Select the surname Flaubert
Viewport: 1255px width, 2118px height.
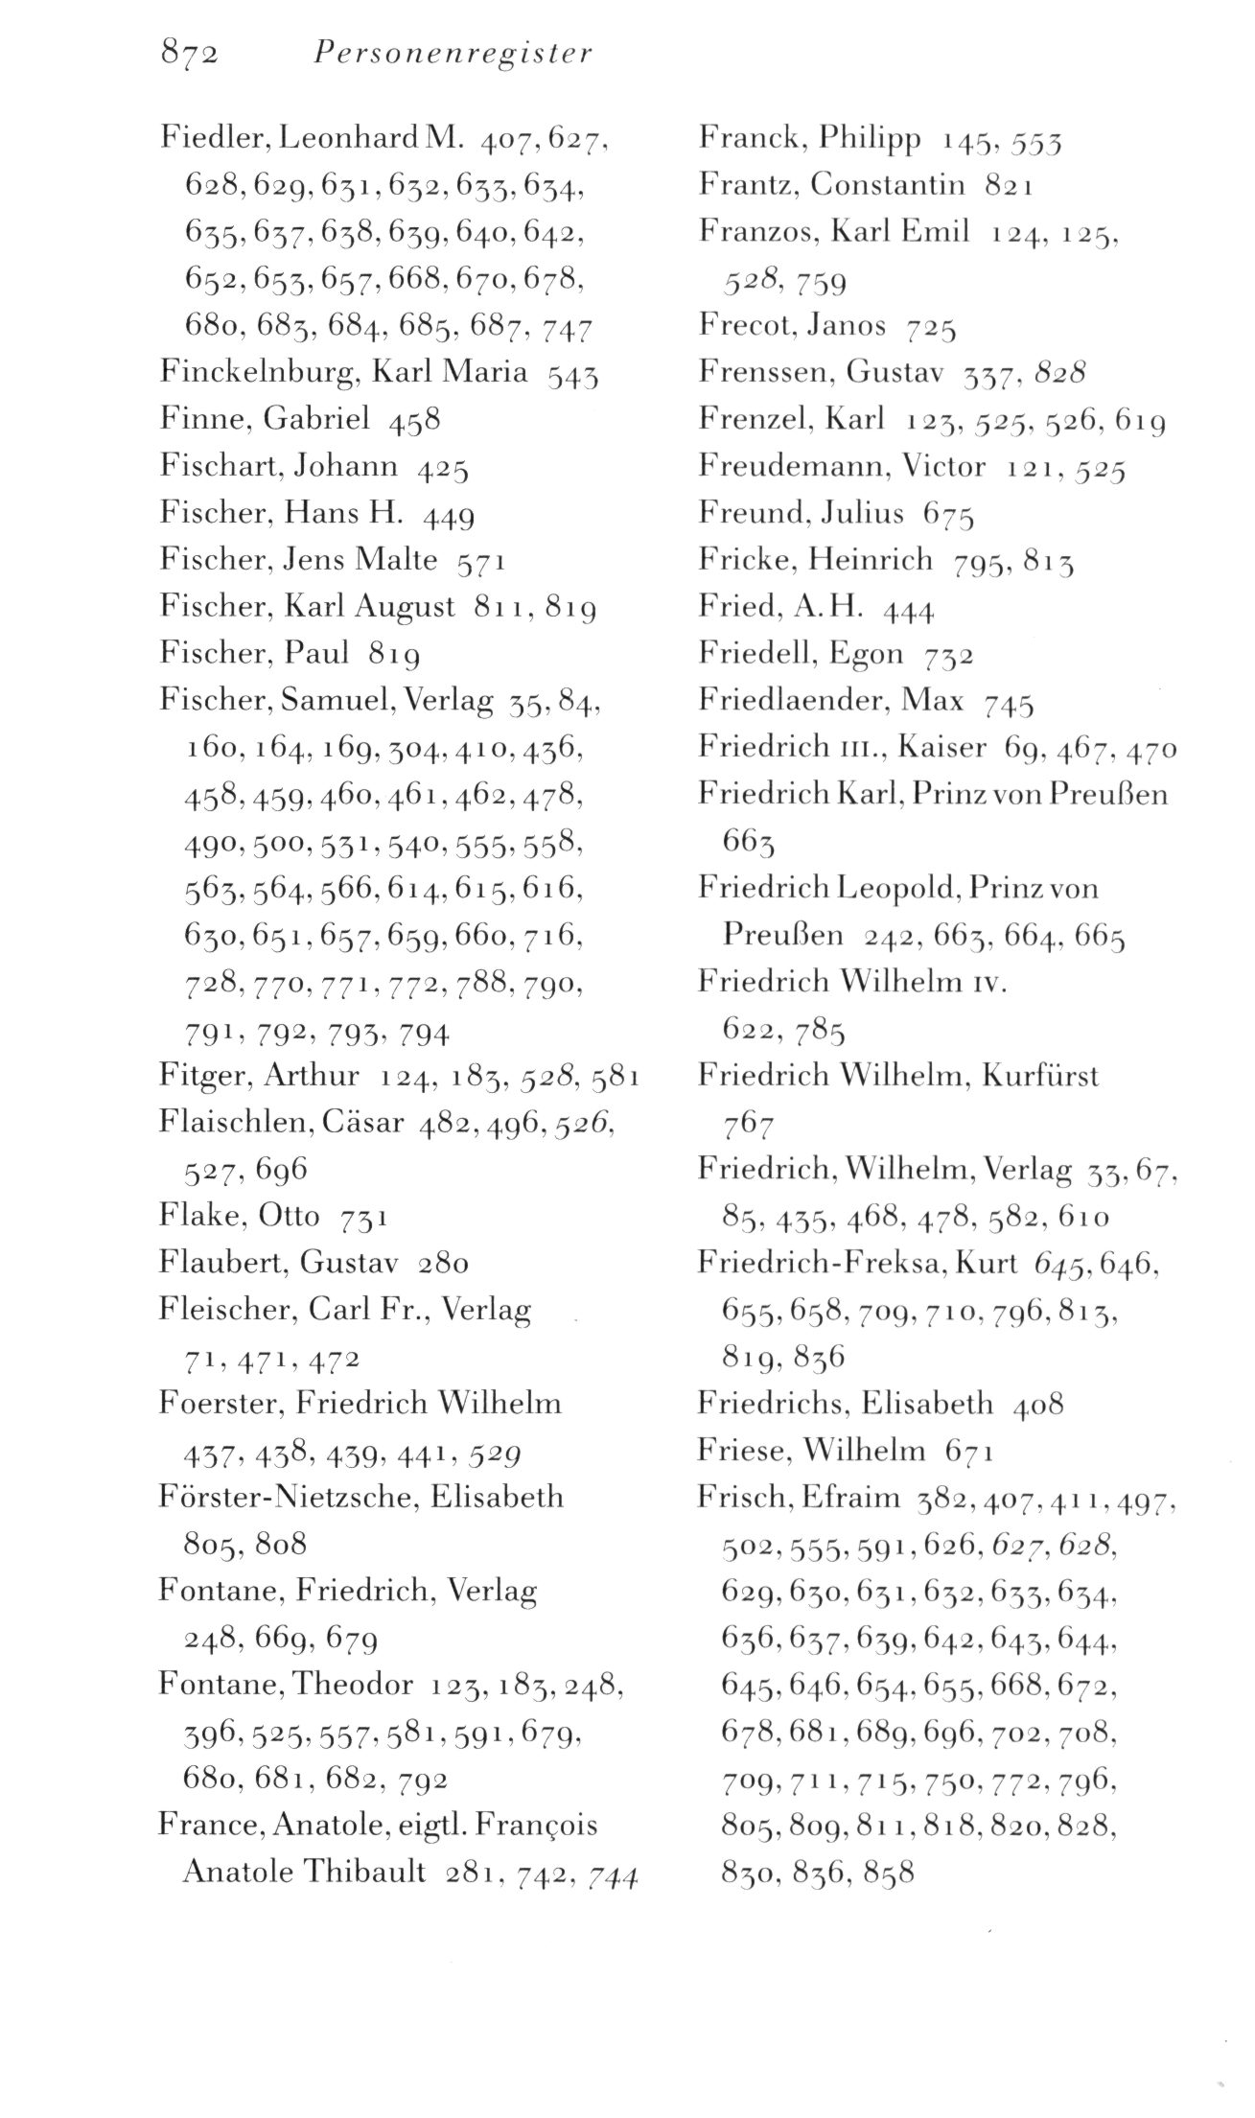pyautogui.click(x=222, y=1263)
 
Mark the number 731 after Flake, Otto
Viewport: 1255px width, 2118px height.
pyautogui.click(x=364, y=1218)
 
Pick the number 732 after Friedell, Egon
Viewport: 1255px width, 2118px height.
pyautogui.click(x=950, y=657)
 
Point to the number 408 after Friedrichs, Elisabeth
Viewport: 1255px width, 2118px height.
pyautogui.click(x=1037, y=1405)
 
